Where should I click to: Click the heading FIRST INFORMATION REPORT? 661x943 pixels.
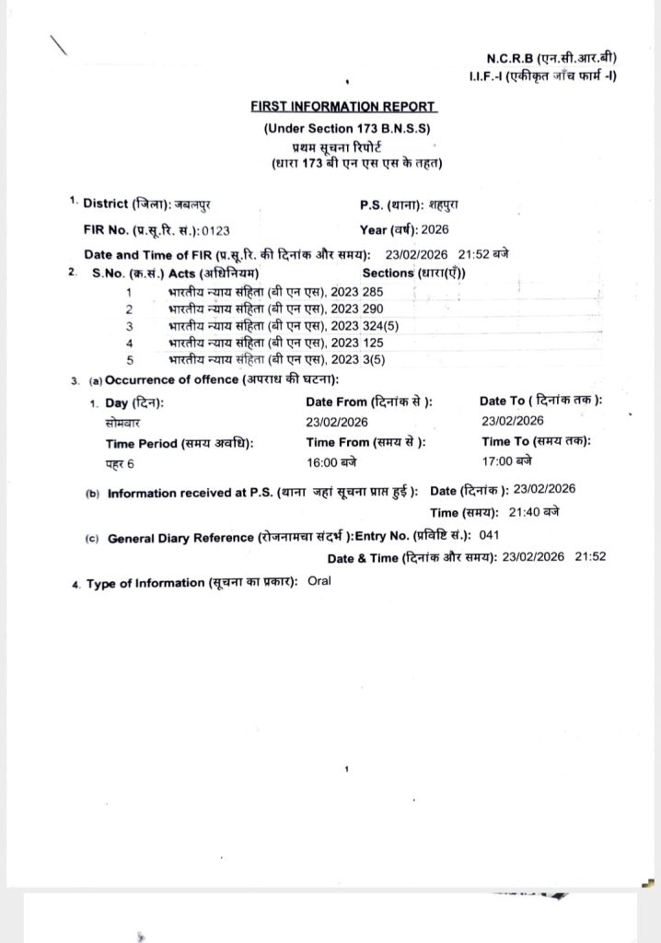343,107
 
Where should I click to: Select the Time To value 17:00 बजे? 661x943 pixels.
506,461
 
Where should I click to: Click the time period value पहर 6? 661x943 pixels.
119,462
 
